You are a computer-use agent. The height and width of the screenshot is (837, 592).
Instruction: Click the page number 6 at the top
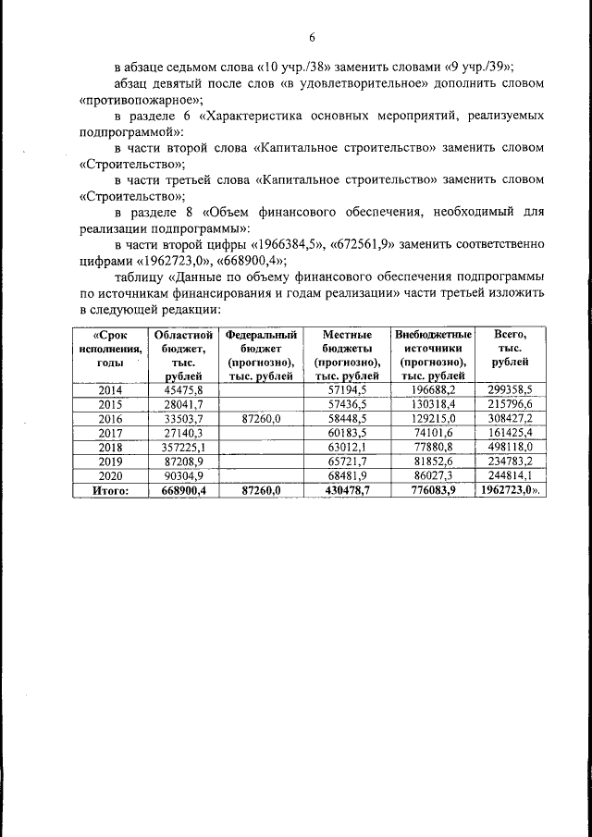pyautogui.click(x=312, y=37)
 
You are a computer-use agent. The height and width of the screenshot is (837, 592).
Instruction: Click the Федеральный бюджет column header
pyautogui.click(x=261, y=354)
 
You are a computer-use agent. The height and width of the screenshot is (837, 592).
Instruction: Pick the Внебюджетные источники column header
pyautogui.click(x=433, y=354)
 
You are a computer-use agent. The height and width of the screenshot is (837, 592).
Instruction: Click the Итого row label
pyautogui.click(x=110, y=491)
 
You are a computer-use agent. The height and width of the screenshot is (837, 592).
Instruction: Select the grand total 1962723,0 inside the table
pyautogui.click(x=507, y=491)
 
